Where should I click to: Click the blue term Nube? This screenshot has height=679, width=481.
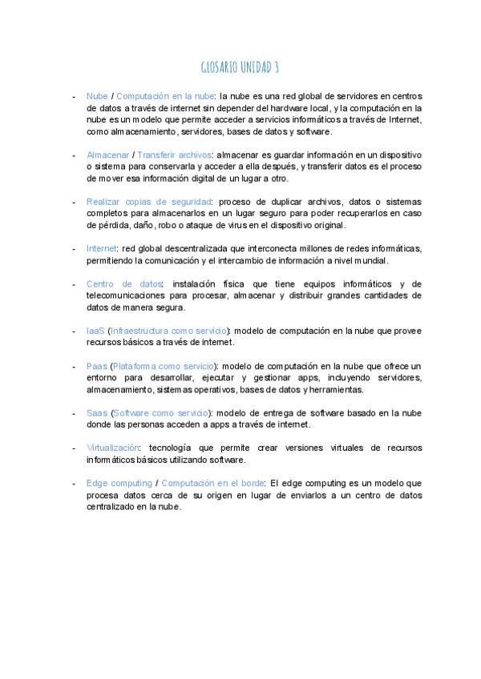click(x=97, y=96)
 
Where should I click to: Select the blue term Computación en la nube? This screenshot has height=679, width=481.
click(x=165, y=96)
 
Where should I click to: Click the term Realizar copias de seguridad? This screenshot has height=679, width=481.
click(x=148, y=202)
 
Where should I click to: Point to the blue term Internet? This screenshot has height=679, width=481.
click(x=101, y=249)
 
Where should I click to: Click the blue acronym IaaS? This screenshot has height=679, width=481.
click(x=95, y=331)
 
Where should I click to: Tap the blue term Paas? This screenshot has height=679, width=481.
click(x=97, y=366)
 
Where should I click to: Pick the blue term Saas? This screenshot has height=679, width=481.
click(x=97, y=413)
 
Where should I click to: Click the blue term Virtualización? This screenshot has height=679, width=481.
click(x=113, y=448)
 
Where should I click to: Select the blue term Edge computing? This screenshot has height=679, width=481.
click(x=119, y=484)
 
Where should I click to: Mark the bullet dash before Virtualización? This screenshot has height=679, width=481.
click(x=74, y=448)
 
